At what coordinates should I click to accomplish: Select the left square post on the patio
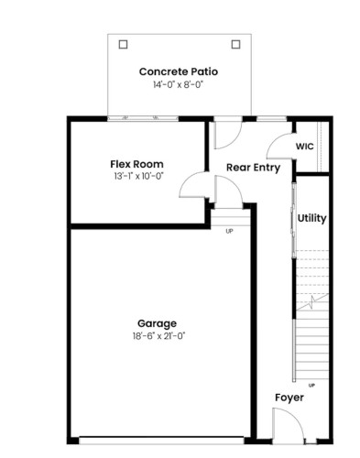123,43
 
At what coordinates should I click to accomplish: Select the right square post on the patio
235,43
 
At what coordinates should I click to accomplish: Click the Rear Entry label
253,167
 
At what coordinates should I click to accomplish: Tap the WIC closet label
305,147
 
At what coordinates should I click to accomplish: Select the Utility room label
311,219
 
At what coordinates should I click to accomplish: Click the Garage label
157,322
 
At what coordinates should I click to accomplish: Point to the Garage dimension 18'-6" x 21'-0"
157,336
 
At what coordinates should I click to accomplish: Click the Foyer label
289,398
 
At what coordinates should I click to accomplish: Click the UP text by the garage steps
229,231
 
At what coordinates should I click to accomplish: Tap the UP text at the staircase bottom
311,384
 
